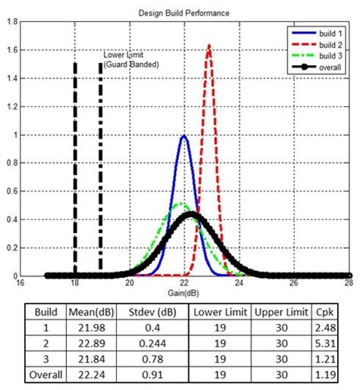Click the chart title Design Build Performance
pyautogui.click(x=184, y=13)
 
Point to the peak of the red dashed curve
pyautogui.click(x=209, y=46)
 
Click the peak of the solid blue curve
pyautogui.click(x=184, y=137)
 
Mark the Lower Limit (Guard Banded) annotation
pyautogui.click(x=131, y=60)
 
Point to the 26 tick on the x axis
pyautogui.click(x=294, y=283)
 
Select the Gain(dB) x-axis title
pyautogui.click(x=185, y=291)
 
